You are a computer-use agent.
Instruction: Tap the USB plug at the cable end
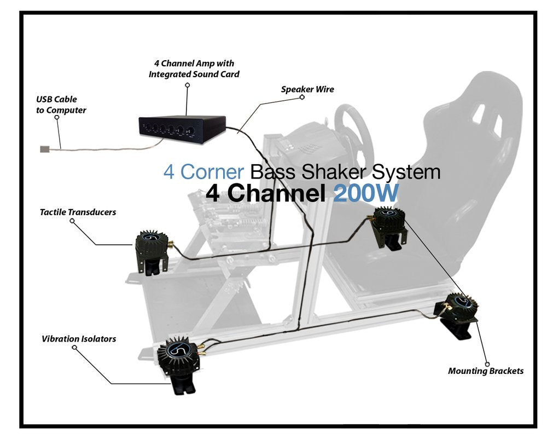click(44, 148)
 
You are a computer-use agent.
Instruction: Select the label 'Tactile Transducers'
click(78, 212)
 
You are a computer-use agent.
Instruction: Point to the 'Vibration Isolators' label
click(79, 339)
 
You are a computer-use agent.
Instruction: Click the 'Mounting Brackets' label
click(486, 371)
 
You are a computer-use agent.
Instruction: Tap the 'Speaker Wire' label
click(307, 89)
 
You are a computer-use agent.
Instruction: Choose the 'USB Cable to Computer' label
click(61, 105)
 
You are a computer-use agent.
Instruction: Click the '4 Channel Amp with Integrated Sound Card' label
click(194, 68)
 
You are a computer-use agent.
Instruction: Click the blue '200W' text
click(365, 193)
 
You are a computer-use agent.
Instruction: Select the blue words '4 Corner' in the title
click(203, 171)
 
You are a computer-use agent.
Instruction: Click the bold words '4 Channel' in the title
click(267, 193)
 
